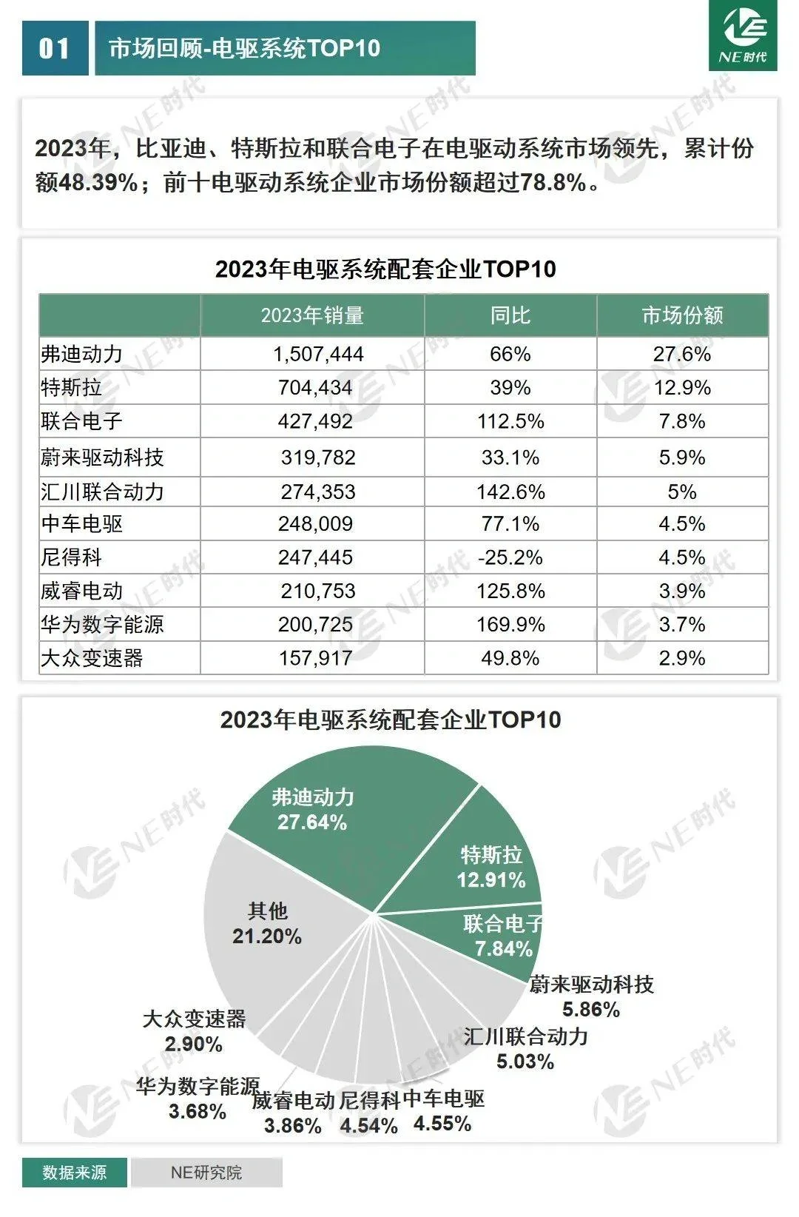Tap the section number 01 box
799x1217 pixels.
55,49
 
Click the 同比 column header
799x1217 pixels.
510,315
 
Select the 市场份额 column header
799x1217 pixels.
682,315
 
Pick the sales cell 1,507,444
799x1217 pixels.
318,355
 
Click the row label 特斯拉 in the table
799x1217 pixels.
71,388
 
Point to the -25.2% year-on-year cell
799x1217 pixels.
510,557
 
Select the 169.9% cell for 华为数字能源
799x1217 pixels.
510,625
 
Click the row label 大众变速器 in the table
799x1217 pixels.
92,658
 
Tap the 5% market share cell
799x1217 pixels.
681,492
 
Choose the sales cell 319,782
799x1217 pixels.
318,457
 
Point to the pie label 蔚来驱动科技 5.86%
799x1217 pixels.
591,996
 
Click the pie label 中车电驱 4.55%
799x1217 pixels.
443,1111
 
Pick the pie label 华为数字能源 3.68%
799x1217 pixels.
198,1099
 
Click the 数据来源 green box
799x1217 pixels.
74,1173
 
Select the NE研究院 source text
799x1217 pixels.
206,1173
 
